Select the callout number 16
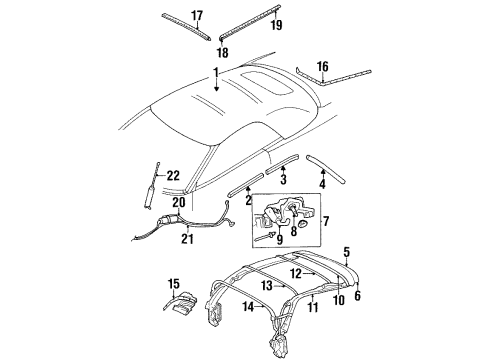coord(321,67)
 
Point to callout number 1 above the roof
coord(213,72)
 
